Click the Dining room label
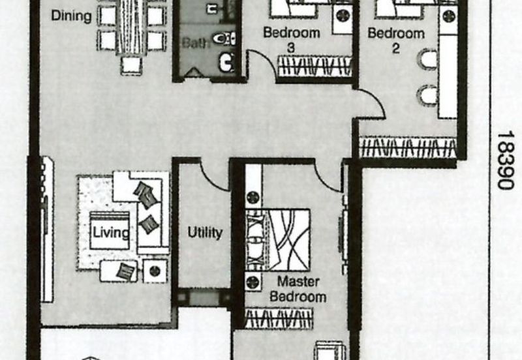[72, 16]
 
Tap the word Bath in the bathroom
[195, 43]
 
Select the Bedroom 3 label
[291, 39]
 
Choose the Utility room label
[205, 232]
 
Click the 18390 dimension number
[505, 160]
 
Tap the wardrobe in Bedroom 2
[408, 147]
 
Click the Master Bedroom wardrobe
[279, 319]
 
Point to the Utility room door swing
[213, 175]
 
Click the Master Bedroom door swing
[328, 176]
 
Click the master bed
[281, 239]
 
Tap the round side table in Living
[155, 270]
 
